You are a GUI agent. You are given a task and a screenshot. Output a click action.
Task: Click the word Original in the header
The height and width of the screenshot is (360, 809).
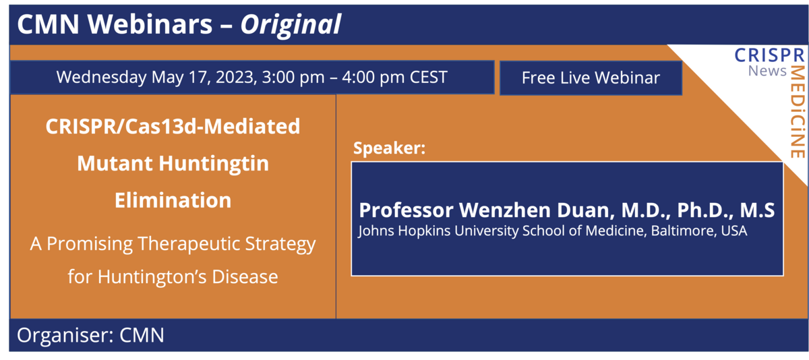pos(291,25)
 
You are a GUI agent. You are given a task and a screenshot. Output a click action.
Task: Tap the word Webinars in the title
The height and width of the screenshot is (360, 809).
pos(156,25)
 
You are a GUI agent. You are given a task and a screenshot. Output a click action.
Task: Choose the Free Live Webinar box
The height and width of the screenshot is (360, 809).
pos(591,78)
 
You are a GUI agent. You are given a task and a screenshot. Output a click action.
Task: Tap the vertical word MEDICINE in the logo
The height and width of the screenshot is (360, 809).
pos(798,111)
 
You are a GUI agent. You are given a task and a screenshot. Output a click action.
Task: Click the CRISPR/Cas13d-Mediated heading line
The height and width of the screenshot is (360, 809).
pos(173,127)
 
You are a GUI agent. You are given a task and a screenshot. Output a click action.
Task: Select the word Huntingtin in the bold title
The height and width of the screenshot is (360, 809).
pos(220,163)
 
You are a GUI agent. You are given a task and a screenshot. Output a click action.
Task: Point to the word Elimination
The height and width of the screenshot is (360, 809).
pos(173,200)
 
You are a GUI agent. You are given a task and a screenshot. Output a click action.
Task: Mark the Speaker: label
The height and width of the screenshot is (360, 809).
pos(389,148)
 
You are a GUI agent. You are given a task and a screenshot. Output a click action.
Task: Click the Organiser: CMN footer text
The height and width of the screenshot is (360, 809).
pos(90,335)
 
